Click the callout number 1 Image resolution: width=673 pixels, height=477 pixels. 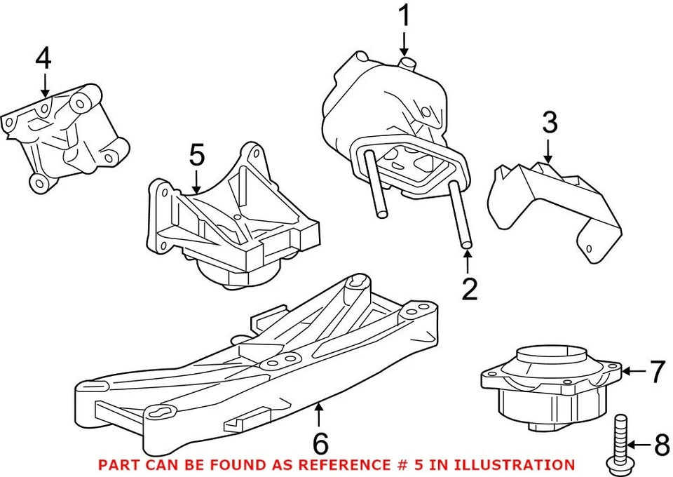404,17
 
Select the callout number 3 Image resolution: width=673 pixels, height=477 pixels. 549,123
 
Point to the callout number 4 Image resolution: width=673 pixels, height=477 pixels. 43,59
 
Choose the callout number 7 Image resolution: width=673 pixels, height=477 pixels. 655,372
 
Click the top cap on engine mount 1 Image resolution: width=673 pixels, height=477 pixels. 406,64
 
